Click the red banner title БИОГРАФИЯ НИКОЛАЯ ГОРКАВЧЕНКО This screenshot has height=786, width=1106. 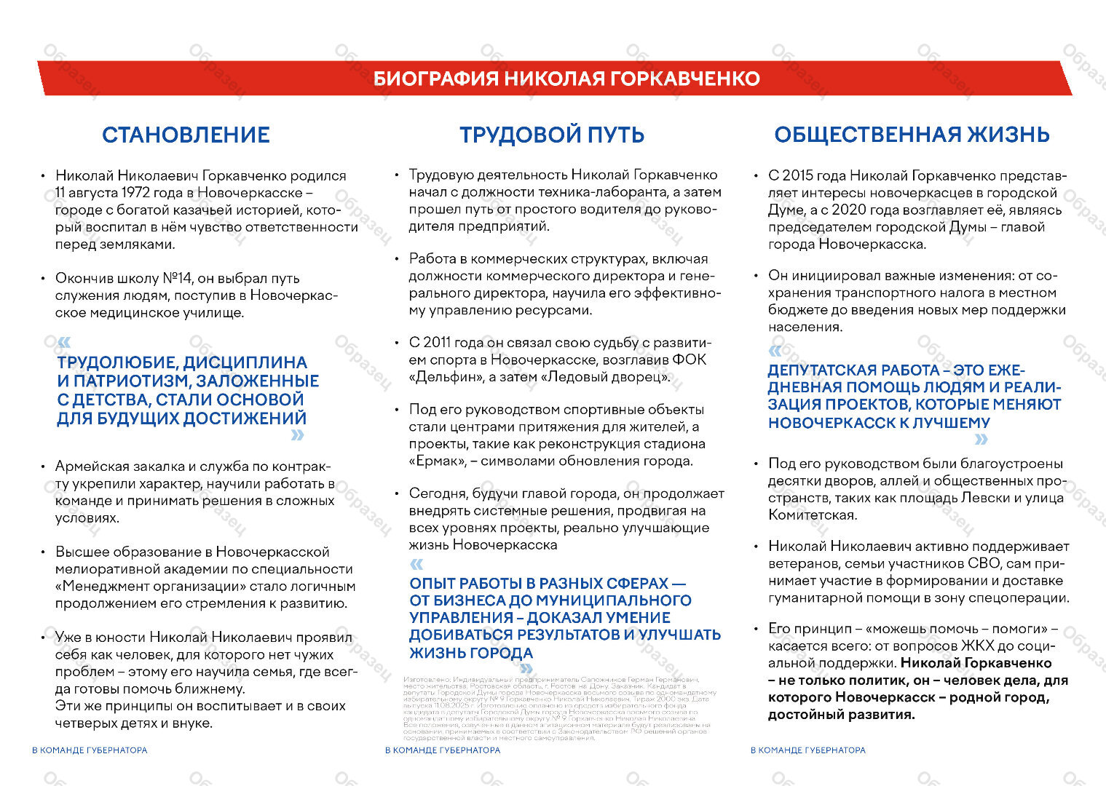566,79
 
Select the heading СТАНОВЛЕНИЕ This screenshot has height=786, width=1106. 186,135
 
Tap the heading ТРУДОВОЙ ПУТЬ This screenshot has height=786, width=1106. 552,135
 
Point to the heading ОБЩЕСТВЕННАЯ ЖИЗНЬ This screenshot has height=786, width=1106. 912,135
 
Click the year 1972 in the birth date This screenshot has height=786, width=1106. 136,193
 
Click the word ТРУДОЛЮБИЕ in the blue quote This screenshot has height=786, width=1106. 117,362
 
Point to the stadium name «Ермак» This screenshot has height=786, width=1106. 439,461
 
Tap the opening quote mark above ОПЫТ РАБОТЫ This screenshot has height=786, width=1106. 416,565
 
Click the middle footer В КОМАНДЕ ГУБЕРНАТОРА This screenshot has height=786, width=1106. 443,750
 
